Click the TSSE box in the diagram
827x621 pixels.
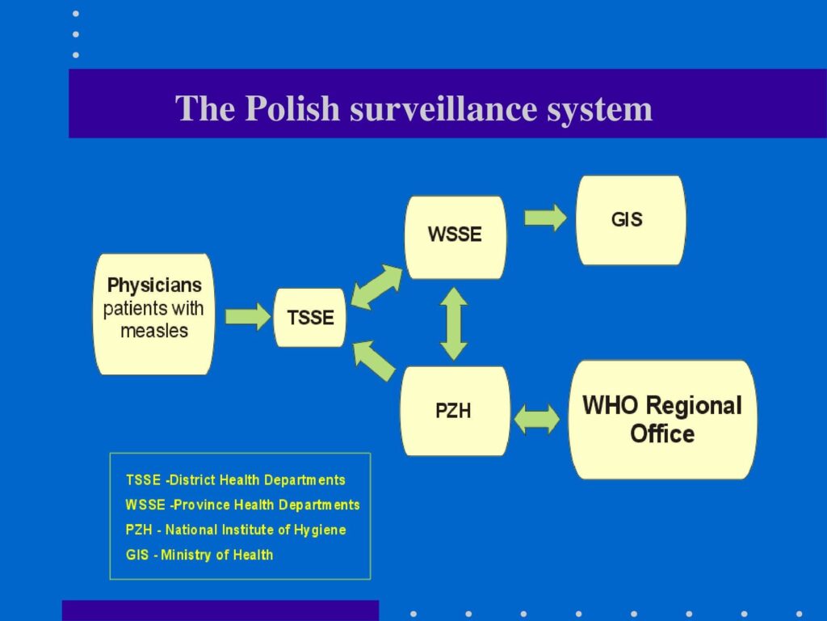pyautogui.click(x=310, y=317)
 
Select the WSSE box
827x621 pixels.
pyautogui.click(x=455, y=237)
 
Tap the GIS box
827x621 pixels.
pyautogui.click(x=631, y=220)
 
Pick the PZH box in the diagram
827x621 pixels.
pyautogui.click(x=455, y=411)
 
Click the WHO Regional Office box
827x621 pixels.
pyautogui.click(x=662, y=420)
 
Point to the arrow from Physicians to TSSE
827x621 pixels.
pyautogui.click(x=248, y=316)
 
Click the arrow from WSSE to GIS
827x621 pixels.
pyautogui.click(x=545, y=217)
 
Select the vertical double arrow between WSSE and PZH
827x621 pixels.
pyautogui.click(x=454, y=323)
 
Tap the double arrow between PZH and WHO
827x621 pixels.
pyautogui.click(x=537, y=420)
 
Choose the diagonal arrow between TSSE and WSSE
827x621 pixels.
pyautogui.click(x=376, y=287)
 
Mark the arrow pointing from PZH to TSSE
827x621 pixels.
pyautogui.click(x=374, y=360)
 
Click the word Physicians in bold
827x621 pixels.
pyautogui.click(x=154, y=285)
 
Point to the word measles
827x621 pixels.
pyautogui.click(x=154, y=331)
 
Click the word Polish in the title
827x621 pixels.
pyautogui.click(x=292, y=108)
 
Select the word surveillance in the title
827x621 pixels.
pyautogui.click(x=443, y=108)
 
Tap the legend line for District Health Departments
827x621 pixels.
pyautogui.click(x=236, y=480)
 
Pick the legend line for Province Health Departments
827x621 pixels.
pyautogui.click(x=242, y=505)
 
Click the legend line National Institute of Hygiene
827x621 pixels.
pyautogui.click(x=236, y=530)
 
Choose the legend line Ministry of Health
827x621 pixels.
pyautogui.click(x=199, y=555)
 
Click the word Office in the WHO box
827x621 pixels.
pyautogui.click(x=662, y=434)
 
